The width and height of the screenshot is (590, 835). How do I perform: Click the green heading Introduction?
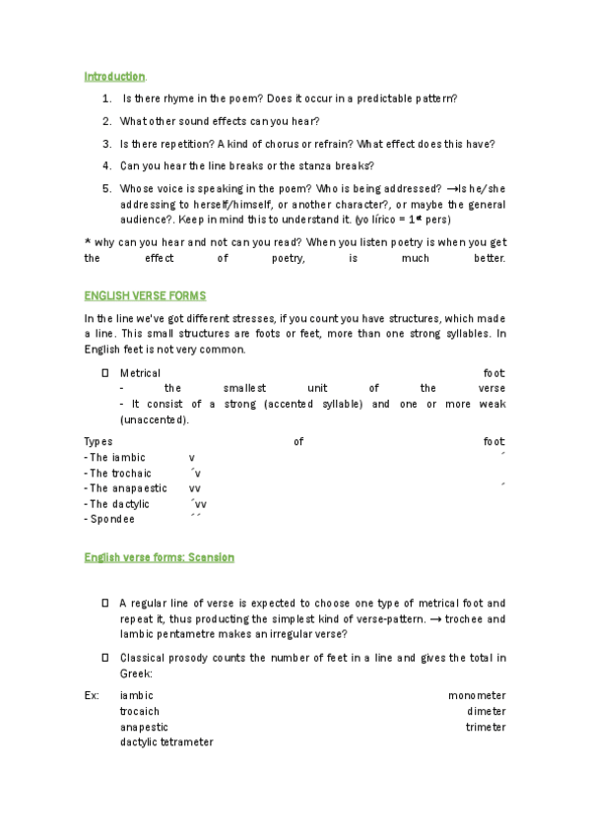pyautogui.click(x=114, y=76)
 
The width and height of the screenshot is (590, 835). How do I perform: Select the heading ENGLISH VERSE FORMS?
pyautogui.click(x=145, y=295)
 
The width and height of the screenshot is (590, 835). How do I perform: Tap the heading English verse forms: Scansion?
pyautogui.click(x=159, y=557)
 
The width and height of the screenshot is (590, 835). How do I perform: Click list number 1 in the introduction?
pyautogui.click(x=106, y=99)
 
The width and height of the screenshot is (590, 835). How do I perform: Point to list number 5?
pyautogui.click(x=106, y=188)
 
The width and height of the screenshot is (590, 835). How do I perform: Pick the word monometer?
pyautogui.click(x=477, y=695)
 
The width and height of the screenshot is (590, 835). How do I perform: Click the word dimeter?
pyautogui.click(x=487, y=711)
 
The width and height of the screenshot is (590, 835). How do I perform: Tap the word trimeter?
pyautogui.click(x=486, y=727)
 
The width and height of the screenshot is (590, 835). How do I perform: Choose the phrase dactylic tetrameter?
pyautogui.click(x=166, y=742)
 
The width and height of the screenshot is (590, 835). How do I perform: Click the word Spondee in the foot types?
pyautogui.click(x=111, y=519)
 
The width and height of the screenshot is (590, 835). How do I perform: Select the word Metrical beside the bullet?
pyautogui.click(x=140, y=373)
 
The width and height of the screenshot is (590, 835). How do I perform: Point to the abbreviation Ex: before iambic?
pyautogui.click(x=92, y=695)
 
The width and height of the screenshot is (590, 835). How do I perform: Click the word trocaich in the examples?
pyautogui.click(x=140, y=711)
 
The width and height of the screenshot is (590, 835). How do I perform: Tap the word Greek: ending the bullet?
pyautogui.click(x=136, y=674)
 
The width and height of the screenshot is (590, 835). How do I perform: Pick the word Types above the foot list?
pyautogui.click(x=98, y=442)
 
